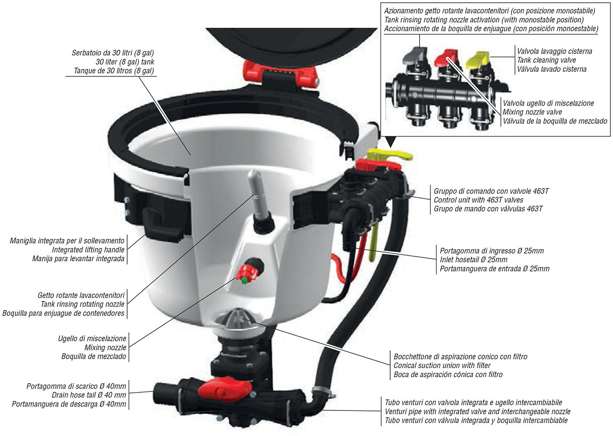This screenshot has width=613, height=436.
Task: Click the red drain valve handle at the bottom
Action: tap(225, 388)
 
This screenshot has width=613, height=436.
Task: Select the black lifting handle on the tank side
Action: tap(161, 226)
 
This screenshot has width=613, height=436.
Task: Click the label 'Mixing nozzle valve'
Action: tap(532, 112)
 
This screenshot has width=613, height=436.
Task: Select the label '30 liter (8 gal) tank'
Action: tap(125, 62)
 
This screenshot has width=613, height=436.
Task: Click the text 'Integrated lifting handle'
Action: tap(88, 250)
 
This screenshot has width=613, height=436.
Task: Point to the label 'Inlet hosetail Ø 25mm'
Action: tap(473, 260)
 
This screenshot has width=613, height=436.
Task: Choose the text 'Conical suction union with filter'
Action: tap(442, 365)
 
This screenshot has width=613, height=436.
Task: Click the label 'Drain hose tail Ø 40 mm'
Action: tap(89, 395)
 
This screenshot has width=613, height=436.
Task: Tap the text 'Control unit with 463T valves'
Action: tap(478, 200)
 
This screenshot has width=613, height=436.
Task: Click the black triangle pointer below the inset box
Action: tap(391, 142)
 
